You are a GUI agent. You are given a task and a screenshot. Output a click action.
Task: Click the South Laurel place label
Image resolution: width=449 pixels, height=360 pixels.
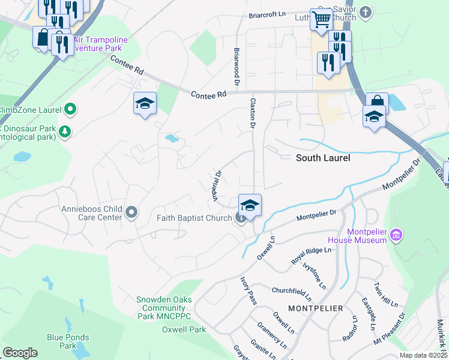coord(323,158)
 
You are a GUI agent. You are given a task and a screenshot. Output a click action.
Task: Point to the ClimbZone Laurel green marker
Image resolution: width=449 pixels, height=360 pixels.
coord(70,109)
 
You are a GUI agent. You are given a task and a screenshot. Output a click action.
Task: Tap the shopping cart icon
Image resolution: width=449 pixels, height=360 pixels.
coord(321,20)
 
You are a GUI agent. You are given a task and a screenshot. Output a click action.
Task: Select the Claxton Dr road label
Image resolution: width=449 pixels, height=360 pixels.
coord(253,113)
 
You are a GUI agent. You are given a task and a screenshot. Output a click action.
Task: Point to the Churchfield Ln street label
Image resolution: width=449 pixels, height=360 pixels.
coord(291,292)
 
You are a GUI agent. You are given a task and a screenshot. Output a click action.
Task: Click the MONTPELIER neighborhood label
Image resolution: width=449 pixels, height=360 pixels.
coord(315,308)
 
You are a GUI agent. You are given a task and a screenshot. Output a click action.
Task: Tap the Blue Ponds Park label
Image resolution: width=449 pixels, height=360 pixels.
coord(67,341)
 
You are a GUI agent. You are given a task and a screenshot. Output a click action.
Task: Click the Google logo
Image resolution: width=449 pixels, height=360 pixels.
coord(20,353)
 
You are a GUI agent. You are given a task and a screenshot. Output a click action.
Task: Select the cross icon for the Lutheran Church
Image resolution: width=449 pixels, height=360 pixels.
coord(366,12)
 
